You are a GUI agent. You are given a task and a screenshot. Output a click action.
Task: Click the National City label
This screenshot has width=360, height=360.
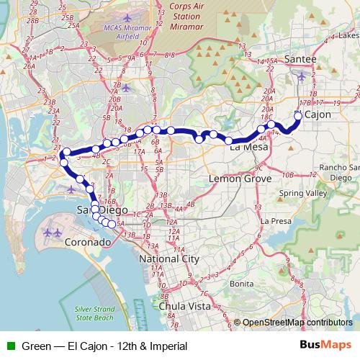point(168,258)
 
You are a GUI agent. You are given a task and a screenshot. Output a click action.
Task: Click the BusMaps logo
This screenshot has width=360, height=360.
point(326,346)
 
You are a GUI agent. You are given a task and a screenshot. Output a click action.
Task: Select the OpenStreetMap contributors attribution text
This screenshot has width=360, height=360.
point(297,323)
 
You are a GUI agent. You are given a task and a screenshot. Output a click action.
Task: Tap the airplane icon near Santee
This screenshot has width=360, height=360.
point(300,74)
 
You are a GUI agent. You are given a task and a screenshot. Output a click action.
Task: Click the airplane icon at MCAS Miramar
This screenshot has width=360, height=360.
point(128,17)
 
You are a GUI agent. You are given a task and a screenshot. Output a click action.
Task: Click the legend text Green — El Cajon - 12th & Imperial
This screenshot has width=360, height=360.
point(105,346)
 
